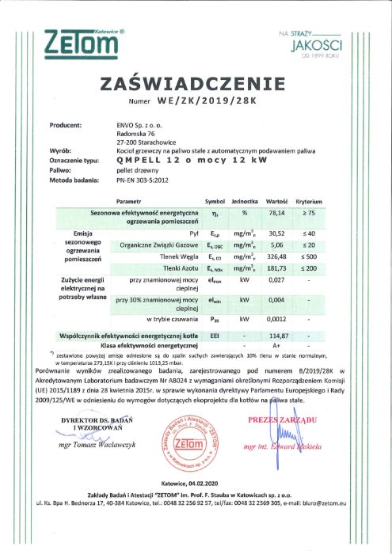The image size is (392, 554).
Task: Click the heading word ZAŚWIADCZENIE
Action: [195, 84]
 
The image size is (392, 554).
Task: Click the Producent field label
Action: [66, 125]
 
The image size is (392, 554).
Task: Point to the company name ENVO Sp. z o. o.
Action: [141, 125]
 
